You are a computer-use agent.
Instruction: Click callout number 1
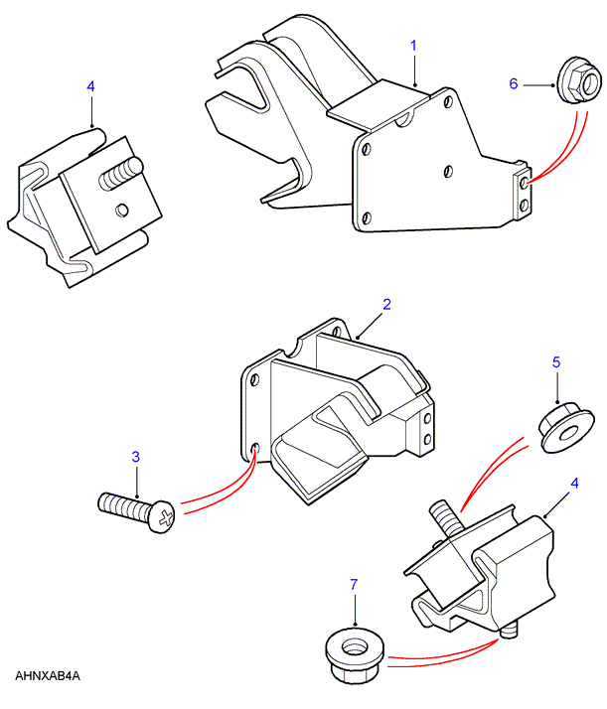tap(413, 45)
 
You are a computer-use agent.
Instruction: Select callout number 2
tap(387, 303)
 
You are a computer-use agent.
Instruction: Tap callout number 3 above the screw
tap(136, 457)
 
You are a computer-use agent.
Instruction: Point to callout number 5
tap(557, 362)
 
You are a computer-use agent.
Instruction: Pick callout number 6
tap(515, 84)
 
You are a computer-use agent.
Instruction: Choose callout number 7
tap(354, 586)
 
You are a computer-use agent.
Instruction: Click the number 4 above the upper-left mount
tap(90, 87)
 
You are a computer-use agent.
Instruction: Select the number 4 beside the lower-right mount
tap(573, 485)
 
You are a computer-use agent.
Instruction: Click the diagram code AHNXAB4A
tap(47, 676)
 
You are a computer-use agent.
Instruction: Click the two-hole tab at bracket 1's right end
tap(521, 192)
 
